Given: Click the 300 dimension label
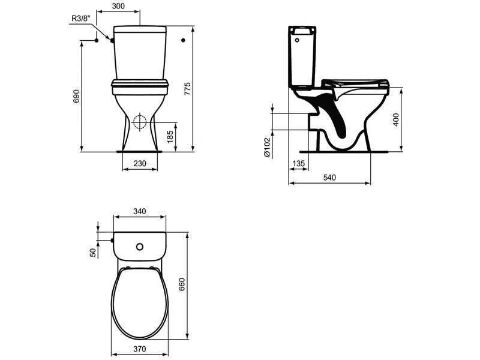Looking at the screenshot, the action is click(118, 6).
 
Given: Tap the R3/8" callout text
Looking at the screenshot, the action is click(81, 18).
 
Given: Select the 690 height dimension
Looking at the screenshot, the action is click(76, 96).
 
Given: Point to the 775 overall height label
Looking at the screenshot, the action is click(187, 88).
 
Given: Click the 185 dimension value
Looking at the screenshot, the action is click(170, 137).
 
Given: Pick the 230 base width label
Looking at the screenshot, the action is click(140, 163).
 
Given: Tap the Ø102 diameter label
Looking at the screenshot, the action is click(267, 147).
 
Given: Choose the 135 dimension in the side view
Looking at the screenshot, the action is click(298, 163).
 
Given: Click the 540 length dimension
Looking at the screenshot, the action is click(329, 178).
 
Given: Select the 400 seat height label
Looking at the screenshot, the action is click(396, 119).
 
